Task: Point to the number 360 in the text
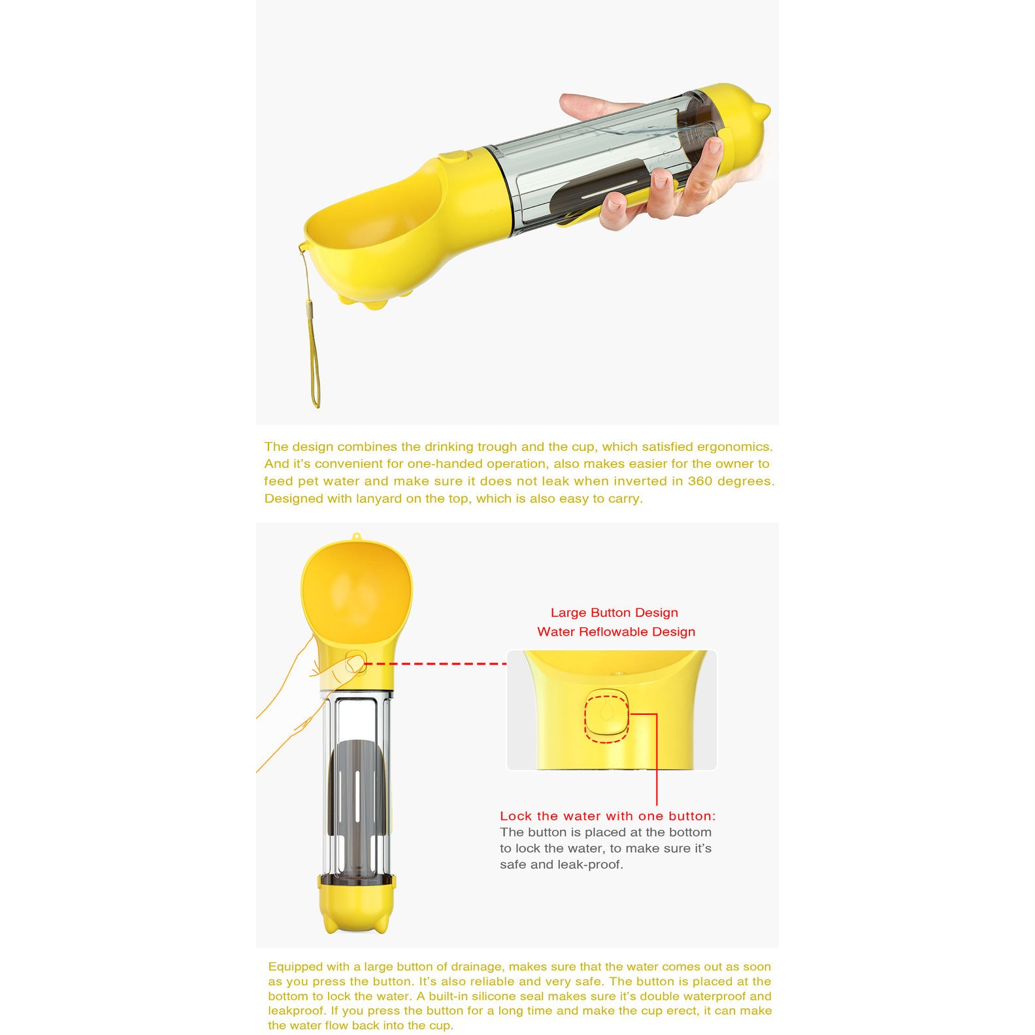700,482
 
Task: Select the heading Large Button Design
614,613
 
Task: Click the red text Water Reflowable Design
616,632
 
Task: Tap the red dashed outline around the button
606,719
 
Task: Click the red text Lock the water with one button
608,816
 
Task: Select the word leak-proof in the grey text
589,864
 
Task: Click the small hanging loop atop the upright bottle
356,537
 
